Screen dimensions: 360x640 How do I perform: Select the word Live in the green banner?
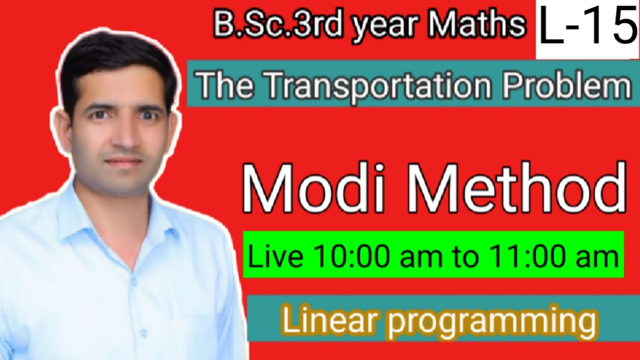coord(275,257)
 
